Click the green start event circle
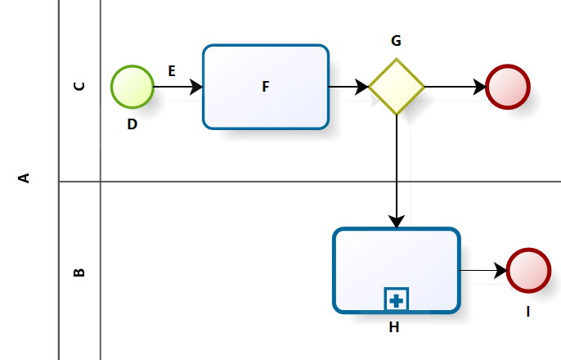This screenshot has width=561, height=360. [x=132, y=87]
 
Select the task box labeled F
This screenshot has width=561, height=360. [x=266, y=87]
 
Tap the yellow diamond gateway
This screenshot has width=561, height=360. [x=397, y=87]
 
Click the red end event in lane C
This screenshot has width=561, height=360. [x=508, y=87]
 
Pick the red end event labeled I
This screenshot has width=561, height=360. [x=528, y=270]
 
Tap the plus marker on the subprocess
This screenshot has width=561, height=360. [x=397, y=300]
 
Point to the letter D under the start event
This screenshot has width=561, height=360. [x=132, y=124]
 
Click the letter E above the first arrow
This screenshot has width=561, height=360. [x=172, y=71]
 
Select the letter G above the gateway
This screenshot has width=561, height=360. [x=397, y=41]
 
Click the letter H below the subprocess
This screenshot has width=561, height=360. [x=394, y=327]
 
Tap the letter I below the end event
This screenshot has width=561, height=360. [x=528, y=311]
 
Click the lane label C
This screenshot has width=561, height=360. [x=79, y=85]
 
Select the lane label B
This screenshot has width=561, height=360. [x=79, y=272]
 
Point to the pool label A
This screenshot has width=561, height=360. [x=25, y=178]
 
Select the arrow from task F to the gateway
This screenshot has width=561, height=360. [x=348, y=87]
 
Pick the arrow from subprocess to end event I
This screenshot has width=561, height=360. [x=483, y=270]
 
